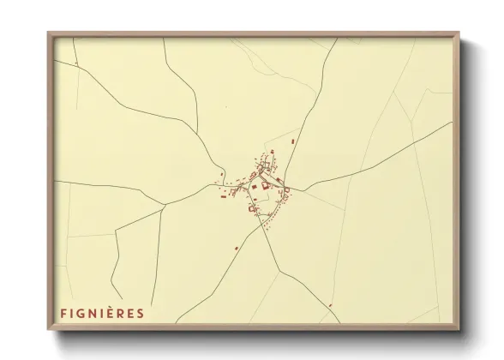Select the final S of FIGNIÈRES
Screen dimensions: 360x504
point(141,313)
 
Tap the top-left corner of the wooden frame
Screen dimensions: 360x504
point(49,33)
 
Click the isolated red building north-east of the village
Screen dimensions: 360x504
point(293,140)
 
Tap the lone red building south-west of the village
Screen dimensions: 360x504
point(237,249)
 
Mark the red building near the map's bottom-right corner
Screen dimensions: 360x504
point(330,304)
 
